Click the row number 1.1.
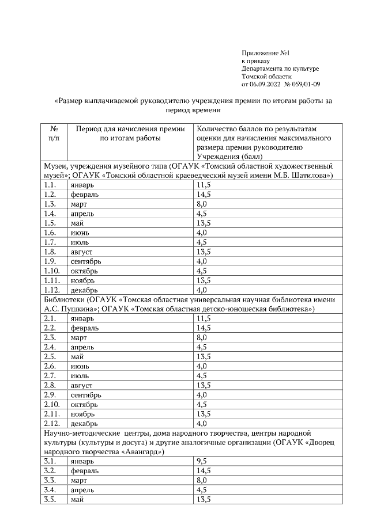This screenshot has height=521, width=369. pyautogui.click(x=50, y=185)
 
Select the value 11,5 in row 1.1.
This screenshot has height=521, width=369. pyautogui.click(x=204, y=185)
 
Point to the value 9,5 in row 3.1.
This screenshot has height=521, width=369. pyautogui.click(x=202, y=461)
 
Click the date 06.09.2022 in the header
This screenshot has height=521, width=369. pyautogui.click(x=265, y=84)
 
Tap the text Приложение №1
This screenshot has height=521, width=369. pyautogui.click(x=265, y=52)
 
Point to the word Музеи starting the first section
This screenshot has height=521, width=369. pyautogui.click(x=55, y=166)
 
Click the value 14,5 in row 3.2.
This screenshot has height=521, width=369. pyautogui.click(x=204, y=470)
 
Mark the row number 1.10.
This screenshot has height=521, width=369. pyautogui.click(x=52, y=270)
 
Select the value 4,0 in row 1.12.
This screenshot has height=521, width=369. pyautogui.click(x=202, y=289)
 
